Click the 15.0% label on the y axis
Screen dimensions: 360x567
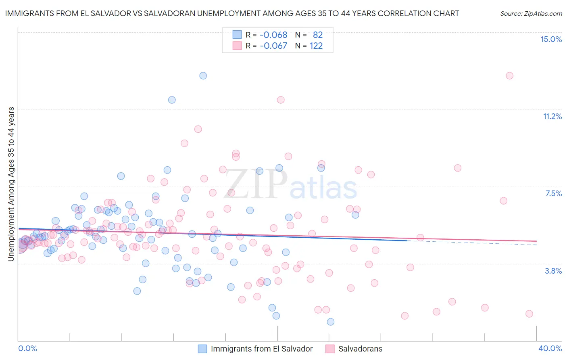point(551,39)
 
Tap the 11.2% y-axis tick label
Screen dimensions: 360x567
point(552,116)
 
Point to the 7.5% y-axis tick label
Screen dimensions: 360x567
point(553,193)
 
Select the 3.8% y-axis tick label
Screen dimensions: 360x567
point(553,271)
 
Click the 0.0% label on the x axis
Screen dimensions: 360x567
point(27,348)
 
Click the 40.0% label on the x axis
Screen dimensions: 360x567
point(550,348)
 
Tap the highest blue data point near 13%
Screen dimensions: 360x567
point(203,75)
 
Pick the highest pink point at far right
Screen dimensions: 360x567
point(509,75)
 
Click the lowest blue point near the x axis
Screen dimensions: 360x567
point(331,322)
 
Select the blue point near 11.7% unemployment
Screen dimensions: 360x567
point(172,100)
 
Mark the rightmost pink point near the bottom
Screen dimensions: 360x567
point(529,314)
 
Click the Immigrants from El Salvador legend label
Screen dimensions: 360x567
point(262,349)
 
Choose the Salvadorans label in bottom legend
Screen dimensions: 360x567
point(360,349)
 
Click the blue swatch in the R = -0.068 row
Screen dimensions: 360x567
point(237,35)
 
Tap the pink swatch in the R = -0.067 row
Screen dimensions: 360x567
point(237,46)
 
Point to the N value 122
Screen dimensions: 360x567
point(316,46)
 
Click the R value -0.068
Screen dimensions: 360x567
point(273,35)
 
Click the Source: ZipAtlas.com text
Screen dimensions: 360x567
point(531,13)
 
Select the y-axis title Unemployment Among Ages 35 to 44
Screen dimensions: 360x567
point(11,184)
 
